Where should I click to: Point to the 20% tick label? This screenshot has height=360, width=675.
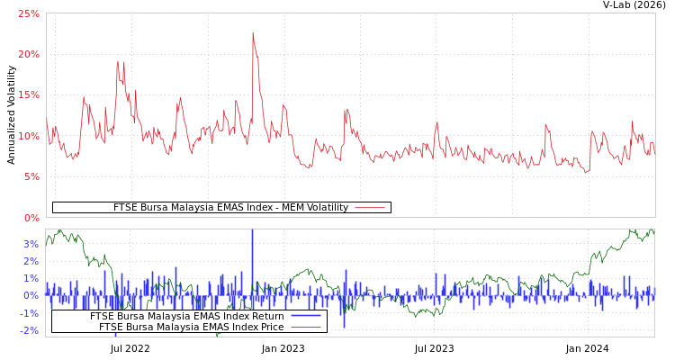click(29, 54)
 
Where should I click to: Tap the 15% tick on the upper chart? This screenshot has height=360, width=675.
click(29, 95)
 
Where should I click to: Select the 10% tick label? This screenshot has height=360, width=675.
click(29, 136)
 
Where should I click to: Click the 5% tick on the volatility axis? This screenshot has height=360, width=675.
click(31, 177)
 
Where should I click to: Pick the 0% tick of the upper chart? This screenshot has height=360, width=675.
click(31, 218)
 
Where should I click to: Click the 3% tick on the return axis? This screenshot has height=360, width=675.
click(31, 244)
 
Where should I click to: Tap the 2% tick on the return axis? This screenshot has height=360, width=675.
click(31, 261)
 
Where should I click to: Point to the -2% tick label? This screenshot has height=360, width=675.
click(30, 330)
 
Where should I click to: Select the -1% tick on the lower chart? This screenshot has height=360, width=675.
click(30, 313)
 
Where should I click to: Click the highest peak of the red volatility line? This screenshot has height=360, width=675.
click(253, 33)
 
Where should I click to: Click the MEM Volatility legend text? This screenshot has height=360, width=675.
click(230, 208)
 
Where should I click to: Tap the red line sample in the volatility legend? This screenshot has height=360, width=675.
click(369, 208)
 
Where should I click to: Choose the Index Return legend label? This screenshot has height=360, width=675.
click(186, 316)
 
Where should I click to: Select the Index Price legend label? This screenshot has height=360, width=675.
click(191, 327)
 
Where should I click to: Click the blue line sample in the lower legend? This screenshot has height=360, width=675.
click(306, 316)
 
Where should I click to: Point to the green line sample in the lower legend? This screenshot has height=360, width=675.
click(306, 327)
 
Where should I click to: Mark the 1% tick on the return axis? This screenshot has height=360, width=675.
click(31, 278)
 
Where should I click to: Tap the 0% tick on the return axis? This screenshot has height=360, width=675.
click(31, 295)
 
